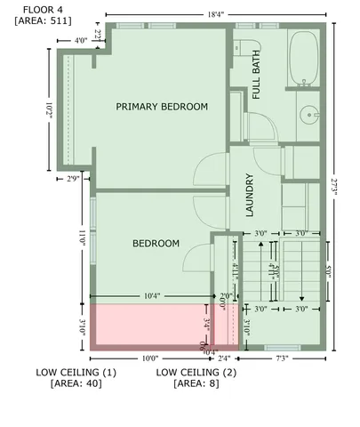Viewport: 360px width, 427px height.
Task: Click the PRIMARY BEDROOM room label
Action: pyautogui.click(x=162, y=106)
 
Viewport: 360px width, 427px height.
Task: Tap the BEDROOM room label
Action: pyautogui.click(x=156, y=243)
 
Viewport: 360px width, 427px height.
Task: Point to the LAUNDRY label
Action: pyautogui.click(x=250, y=196)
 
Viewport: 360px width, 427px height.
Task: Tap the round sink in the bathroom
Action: pyautogui.click(x=308, y=114)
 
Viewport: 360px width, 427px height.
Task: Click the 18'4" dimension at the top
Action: pyautogui.click(x=216, y=14)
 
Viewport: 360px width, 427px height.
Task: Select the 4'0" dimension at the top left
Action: pyautogui.click(x=80, y=40)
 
